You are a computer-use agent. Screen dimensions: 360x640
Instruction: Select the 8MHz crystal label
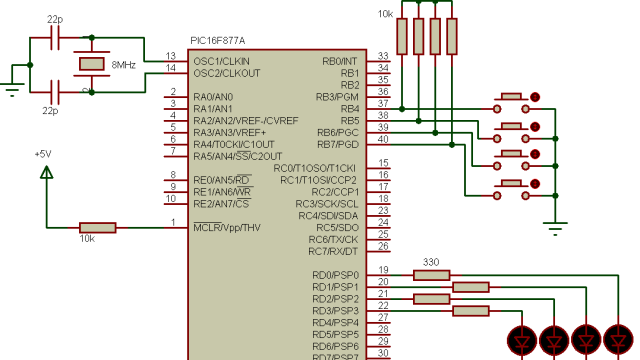point(123,64)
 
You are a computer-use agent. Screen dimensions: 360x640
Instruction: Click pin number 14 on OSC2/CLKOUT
point(171,68)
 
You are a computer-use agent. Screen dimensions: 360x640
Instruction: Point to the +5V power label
point(42,155)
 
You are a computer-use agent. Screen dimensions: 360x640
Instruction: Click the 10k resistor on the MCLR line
point(97,228)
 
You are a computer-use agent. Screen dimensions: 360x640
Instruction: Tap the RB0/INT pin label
point(340,61)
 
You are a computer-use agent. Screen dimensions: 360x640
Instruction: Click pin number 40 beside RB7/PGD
point(383,139)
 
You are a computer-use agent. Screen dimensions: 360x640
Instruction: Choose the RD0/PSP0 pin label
point(335,276)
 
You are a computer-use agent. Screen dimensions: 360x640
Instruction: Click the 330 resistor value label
point(432,262)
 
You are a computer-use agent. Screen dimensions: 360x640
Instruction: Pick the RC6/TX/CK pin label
point(333,240)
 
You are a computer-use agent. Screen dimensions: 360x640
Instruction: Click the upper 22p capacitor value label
point(56,20)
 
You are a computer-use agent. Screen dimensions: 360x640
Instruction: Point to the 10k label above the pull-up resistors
point(384,14)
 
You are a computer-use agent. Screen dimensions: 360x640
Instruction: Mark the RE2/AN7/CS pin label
point(222,204)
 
